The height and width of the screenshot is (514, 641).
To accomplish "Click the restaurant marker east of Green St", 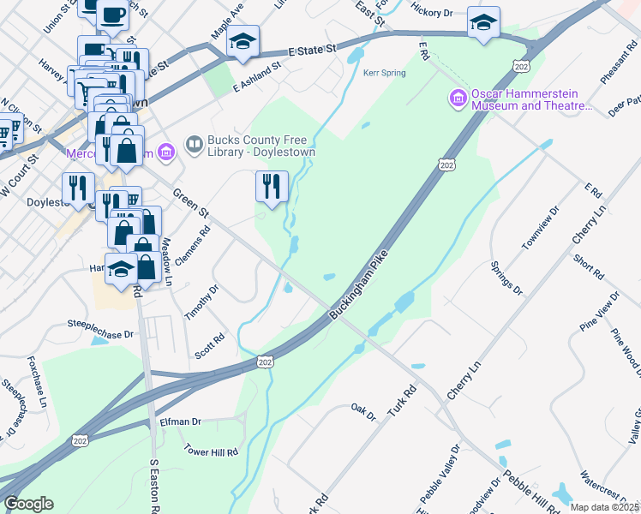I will point(273,186).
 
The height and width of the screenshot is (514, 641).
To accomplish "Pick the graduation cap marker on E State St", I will point(243,39).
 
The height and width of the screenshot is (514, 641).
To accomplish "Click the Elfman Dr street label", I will point(180,421).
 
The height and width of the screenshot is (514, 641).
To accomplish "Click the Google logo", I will point(28,504).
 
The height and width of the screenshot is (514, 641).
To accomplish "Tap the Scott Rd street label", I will point(209,346).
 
